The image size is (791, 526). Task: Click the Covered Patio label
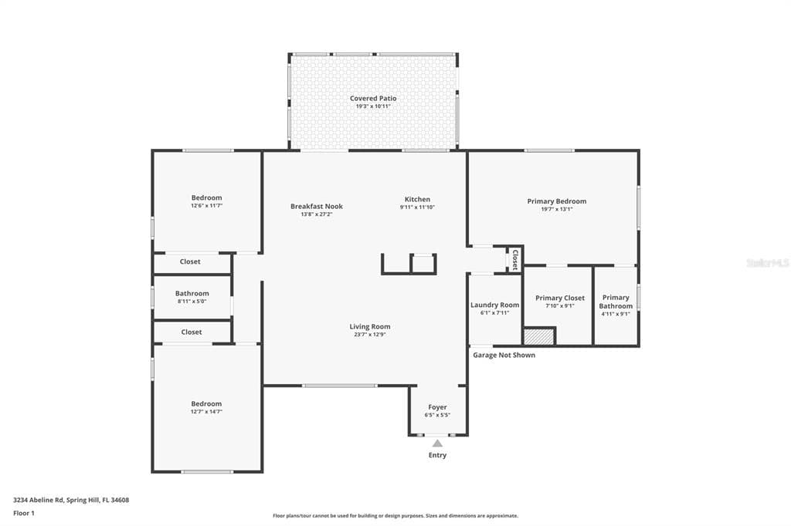(373, 99)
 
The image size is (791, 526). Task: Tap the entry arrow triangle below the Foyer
(437, 443)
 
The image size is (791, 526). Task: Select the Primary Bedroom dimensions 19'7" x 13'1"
(556, 209)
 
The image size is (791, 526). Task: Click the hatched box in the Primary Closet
(539, 336)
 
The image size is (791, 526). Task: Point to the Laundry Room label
(494, 305)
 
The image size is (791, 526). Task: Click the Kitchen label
(417, 199)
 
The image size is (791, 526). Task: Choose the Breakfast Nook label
(317, 206)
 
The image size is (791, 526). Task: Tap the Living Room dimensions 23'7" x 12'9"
(369, 335)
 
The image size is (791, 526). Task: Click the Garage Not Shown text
(504, 355)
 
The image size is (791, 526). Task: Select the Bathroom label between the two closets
(192, 293)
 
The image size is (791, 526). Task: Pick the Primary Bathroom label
(616, 302)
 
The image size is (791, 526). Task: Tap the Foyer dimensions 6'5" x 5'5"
(437, 415)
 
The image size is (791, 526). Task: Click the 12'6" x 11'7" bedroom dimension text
(206, 206)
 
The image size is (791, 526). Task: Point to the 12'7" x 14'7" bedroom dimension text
(206, 412)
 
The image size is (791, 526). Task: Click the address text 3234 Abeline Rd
(39, 500)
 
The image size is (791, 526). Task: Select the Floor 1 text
(24, 513)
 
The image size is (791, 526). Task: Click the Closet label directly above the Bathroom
(190, 261)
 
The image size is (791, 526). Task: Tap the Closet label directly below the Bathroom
(192, 332)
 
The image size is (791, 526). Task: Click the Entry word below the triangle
(437, 455)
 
